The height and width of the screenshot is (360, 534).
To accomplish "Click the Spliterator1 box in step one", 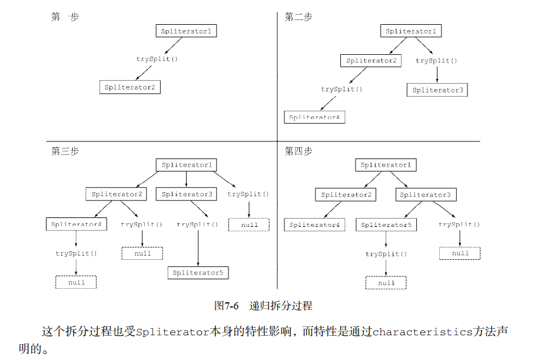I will [186, 31].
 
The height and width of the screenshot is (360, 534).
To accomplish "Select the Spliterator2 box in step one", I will [130, 87].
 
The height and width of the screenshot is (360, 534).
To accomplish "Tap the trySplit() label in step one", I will [157, 59].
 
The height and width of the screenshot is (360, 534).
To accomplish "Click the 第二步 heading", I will [298, 17].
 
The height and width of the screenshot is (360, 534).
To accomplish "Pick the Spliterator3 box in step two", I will [437, 90].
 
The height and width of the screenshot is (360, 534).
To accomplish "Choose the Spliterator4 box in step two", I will [314, 117].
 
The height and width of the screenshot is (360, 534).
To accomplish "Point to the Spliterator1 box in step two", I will [411, 31].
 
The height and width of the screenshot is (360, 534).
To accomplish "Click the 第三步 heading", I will [65, 151].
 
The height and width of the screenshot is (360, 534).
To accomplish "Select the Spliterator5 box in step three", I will [198, 273].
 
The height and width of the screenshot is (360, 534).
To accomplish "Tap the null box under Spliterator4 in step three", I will [76, 282].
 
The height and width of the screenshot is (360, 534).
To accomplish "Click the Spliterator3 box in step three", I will [187, 194].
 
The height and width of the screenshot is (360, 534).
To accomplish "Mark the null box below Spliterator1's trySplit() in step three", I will [249, 224].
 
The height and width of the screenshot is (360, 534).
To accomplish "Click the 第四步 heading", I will [298, 151].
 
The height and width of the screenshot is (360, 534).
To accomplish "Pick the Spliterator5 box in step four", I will [386, 224].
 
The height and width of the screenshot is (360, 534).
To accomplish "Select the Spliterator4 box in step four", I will [314, 224].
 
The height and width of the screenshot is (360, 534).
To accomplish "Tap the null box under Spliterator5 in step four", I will [386, 283].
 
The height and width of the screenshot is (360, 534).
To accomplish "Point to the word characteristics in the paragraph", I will [422, 332].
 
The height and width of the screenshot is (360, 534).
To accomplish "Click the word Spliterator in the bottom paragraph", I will [173, 332].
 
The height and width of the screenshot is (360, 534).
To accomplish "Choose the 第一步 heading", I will [65, 17].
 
